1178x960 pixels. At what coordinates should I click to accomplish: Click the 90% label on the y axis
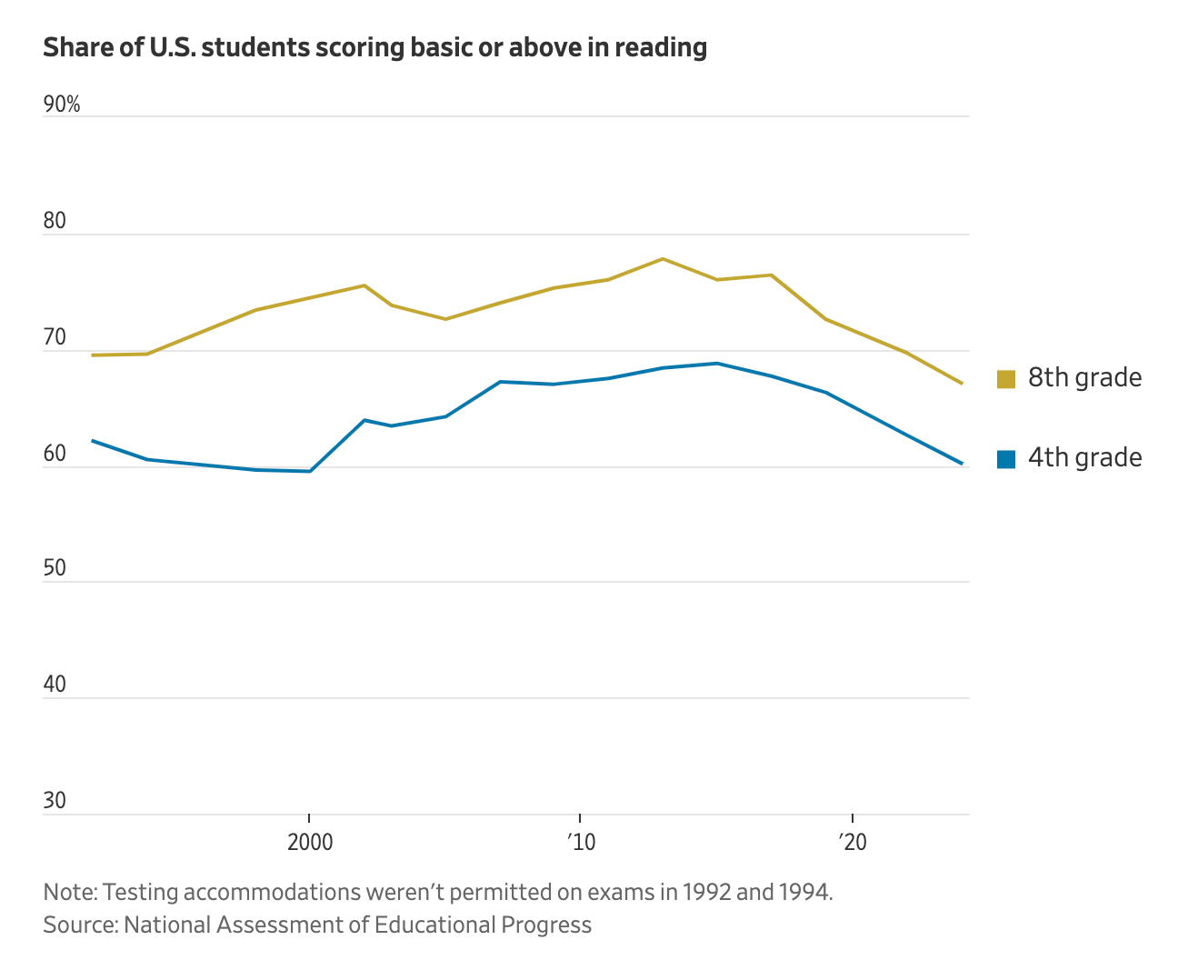coord(62,105)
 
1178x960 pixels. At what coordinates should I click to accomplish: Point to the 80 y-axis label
coord(55,221)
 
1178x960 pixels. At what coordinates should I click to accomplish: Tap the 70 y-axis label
coord(55,337)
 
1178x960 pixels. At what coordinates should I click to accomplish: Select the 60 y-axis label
coord(55,454)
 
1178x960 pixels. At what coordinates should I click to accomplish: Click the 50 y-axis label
coord(55,568)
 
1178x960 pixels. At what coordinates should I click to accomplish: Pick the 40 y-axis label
coord(55,685)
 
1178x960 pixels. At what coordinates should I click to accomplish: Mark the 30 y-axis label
coord(55,801)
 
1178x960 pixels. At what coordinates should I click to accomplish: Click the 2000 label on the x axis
coord(310,843)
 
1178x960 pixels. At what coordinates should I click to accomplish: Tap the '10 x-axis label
coord(580,843)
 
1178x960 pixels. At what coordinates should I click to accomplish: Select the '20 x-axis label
coord(852,843)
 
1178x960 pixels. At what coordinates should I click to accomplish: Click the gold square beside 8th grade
coord(1005,378)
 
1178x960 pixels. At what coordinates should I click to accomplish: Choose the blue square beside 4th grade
coord(1005,458)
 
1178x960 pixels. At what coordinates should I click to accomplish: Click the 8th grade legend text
coord(1084,377)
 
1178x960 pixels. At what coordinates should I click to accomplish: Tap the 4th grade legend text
coord(1084,457)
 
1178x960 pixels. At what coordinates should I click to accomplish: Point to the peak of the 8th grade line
coord(663,259)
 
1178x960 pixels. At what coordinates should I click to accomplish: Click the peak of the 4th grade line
coord(717,364)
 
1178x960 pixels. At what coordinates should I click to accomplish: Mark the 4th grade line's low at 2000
coord(310,471)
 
